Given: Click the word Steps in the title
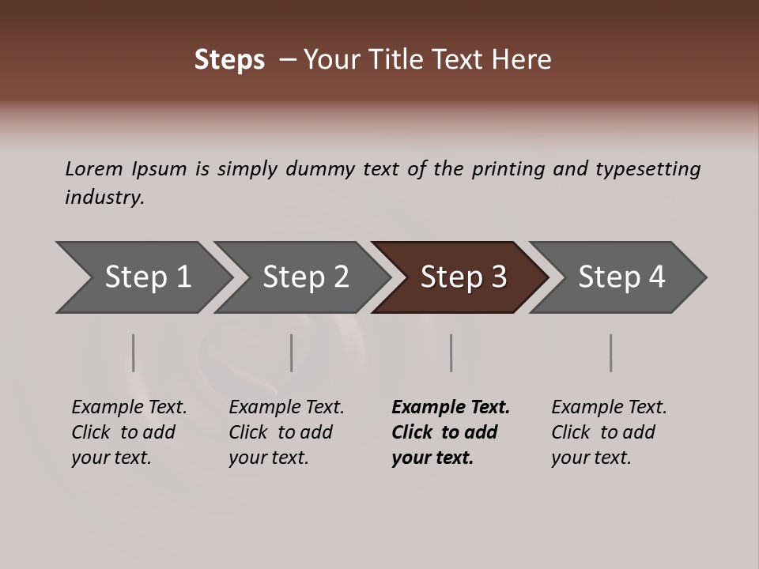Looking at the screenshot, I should [x=229, y=60].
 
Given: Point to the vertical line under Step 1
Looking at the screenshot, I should [x=134, y=352].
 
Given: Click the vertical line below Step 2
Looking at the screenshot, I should [x=292, y=352].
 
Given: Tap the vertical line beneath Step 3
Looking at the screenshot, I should [x=451, y=352].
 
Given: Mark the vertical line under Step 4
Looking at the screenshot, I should [x=610, y=352].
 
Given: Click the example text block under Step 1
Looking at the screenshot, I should [x=129, y=432].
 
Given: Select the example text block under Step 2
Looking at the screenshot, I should [x=286, y=432].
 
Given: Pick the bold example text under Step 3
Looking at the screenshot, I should [x=451, y=432].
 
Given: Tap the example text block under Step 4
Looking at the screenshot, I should [x=609, y=432].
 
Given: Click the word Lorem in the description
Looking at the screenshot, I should [x=93, y=169].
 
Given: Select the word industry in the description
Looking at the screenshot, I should [x=104, y=198].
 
